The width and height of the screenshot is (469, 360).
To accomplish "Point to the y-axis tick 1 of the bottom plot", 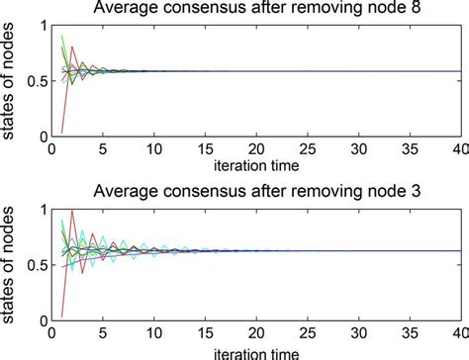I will [x=43, y=209].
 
